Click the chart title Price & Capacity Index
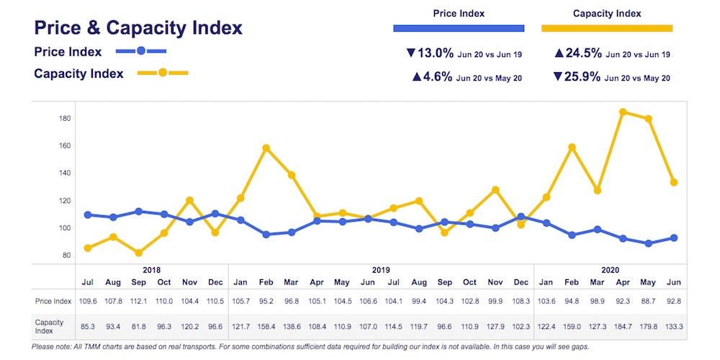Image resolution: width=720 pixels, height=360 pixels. click(x=138, y=28)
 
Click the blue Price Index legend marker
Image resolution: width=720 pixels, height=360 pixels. click(x=141, y=51)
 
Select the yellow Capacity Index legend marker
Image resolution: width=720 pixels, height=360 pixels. click(x=163, y=73)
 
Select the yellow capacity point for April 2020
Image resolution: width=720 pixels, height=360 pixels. click(x=623, y=112)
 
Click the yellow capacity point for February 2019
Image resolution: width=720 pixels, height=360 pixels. click(x=266, y=148)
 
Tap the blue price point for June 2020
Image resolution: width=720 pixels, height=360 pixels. click(x=674, y=238)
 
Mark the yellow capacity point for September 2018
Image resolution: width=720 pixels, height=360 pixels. click(x=138, y=253)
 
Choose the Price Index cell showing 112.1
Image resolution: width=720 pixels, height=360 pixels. click(x=138, y=301)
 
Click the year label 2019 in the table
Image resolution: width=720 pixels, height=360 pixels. click(x=380, y=269)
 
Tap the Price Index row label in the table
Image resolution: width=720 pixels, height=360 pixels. click(x=53, y=301)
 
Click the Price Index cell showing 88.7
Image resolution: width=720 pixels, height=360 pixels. click(x=649, y=301)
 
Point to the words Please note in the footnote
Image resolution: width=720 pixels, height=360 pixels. click(x=51, y=347)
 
